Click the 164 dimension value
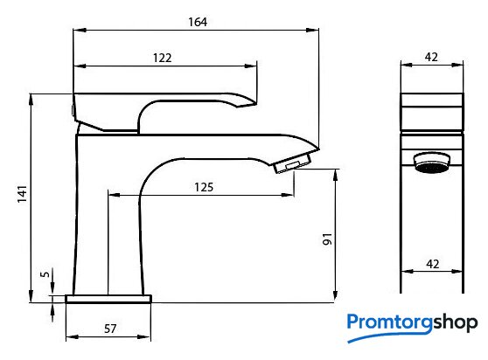198,22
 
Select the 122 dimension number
162,58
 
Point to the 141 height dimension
22,194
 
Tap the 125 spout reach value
204,187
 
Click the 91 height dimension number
327,239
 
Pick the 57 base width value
110,329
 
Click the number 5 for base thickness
45,274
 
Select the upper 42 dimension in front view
431,57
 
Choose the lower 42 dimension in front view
433,264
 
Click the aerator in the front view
432,163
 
